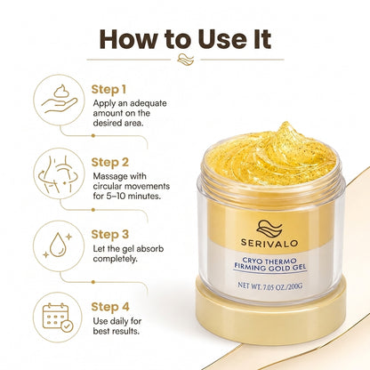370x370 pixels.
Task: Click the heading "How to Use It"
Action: pyautogui.click(x=185, y=39)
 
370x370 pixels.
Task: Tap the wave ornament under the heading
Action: pyautogui.click(x=185, y=60)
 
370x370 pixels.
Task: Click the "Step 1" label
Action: pyautogui.click(x=109, y=90)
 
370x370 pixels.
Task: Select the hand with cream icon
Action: pyautogui.click(x=59, y=99)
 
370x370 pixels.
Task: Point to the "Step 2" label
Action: pyautogui.click(x=110, y=162)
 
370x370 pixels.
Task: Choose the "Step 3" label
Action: pyautogui.click(x=110, y=234)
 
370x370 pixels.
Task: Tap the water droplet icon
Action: pyautogui.click(x=58, y=245)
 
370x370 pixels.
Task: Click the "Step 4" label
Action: pyautogui.click(x=110, y=307)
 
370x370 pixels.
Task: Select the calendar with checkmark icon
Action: pyautogui.click(x=58, y=318)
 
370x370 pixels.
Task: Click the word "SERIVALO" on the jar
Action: pyautogui.click(x=269, y=244)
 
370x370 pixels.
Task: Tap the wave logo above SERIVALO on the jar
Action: pyautogui.click(x=269, y=229)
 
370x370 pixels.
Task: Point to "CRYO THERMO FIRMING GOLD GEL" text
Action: pyautogui.click(x=269, y=264)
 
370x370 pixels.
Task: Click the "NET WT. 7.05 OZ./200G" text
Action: pyautogui.click(x=269, y=286)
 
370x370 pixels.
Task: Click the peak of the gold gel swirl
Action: pyautogui.click(x=286, y=123)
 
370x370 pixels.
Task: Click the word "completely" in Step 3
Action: pyautogui.click(x=116, y=259)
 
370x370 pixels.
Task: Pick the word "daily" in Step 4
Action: pyautogui.click(x=119, y=321)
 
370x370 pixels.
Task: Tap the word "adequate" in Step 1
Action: pyautogui.click(x=149, y=103)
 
